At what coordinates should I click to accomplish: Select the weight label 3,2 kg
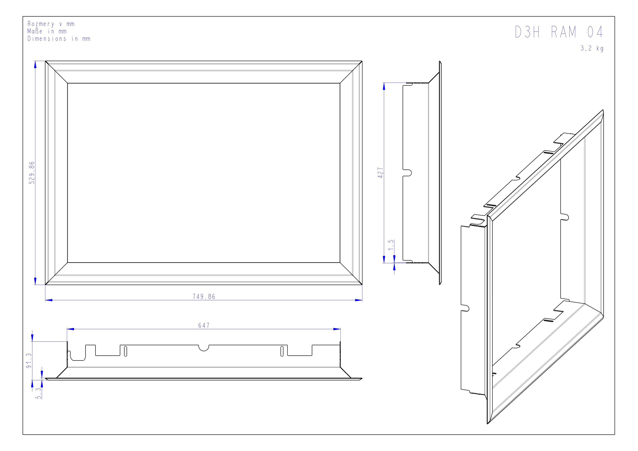point(592,48)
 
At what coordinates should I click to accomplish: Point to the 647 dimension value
point(204,325)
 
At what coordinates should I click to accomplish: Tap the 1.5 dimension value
point(391,245)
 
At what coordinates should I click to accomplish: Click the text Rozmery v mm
point(51,24)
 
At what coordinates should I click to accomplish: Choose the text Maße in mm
point(47,31)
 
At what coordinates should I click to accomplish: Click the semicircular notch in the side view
point(408,173)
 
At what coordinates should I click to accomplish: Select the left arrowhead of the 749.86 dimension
point(49,300)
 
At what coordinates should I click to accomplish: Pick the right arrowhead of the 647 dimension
point(337,329)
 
